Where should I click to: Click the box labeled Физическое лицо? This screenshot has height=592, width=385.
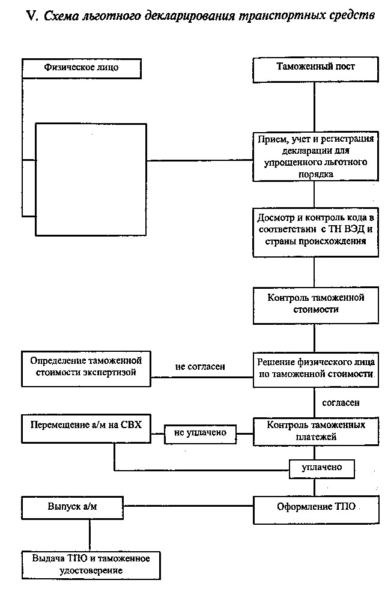click(x=81, y=68)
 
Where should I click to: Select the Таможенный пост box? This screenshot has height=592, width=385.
click(x=315, y=70)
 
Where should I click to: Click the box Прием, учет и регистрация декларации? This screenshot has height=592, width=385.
click(x=315, y=157)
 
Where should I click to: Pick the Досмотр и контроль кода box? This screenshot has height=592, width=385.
click(x=315, y=232)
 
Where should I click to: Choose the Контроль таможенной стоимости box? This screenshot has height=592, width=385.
click(x=315, y=306)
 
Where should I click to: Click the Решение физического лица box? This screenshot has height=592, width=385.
click(x=315, y=369)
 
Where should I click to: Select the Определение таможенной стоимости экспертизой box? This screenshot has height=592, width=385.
click(x=86, y=369)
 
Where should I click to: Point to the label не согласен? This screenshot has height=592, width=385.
click(x=200, y=367)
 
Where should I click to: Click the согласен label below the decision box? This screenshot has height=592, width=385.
click(x=341, y=403)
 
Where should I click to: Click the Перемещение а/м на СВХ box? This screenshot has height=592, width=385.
click(x=86, y=429)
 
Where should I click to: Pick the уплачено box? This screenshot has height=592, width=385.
click(x=322, y=468)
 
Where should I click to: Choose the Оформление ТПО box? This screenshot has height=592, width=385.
click(x=315, y=510)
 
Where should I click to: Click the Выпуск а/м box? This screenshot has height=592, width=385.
click(x=72, y=507)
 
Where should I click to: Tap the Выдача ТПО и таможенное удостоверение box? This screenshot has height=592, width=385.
click(x=91, y=565)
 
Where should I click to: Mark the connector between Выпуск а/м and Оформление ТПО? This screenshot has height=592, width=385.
click(x=188, y=506)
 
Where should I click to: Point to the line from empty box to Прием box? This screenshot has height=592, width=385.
click(x=199, y=160)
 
